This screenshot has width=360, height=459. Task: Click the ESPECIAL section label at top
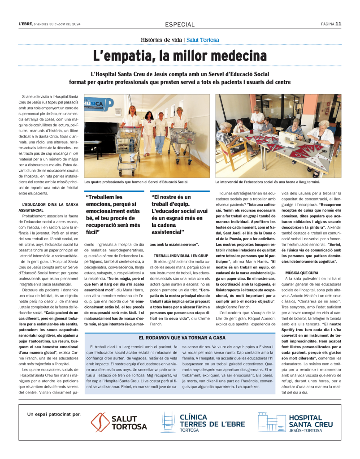tap(180, 25)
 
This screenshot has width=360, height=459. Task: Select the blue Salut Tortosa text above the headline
tap(203, 40)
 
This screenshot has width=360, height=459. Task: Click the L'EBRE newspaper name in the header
tap(26, 24)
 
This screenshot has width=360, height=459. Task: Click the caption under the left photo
tap(136, 182)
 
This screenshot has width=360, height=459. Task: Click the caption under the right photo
tap(267, 182)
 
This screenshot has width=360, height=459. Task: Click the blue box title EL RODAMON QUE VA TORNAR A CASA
tap(182, 338)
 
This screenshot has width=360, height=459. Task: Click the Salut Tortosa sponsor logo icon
tap(100, 422)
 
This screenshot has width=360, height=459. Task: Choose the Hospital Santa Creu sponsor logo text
tap(311, 422)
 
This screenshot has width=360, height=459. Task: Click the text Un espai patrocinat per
tap(54, 414)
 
